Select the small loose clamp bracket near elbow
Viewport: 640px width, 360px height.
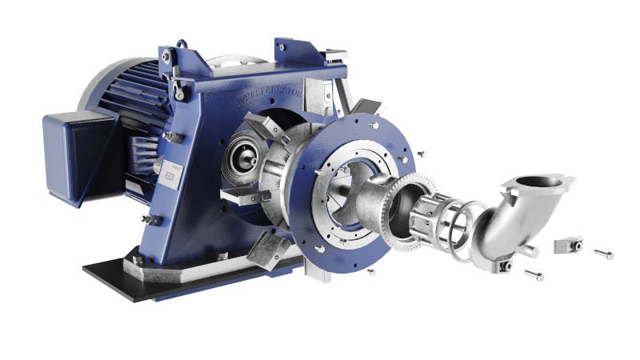click(x=566, y=244)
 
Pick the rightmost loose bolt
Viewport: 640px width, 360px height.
click(x=604, y=254)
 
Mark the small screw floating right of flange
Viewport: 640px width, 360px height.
click(x=420, y=150)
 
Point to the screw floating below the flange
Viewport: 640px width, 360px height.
click(x=371, y=273)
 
